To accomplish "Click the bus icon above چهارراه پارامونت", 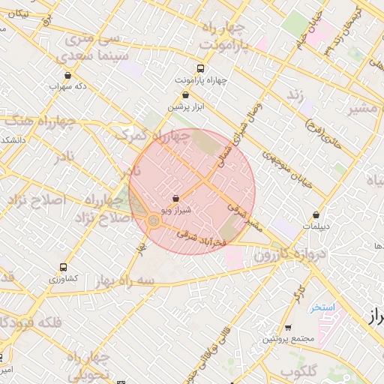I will [199, 67].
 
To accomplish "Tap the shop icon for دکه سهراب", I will [68, 75].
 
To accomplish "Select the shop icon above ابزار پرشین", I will [185, 95].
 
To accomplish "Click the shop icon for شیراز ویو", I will [175, 199].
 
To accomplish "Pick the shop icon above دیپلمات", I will [316, 214].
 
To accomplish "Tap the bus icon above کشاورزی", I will [62, 267].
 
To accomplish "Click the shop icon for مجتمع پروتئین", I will [288, 328].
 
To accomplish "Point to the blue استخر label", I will [322, 307].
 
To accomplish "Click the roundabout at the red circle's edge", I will [153, 220].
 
